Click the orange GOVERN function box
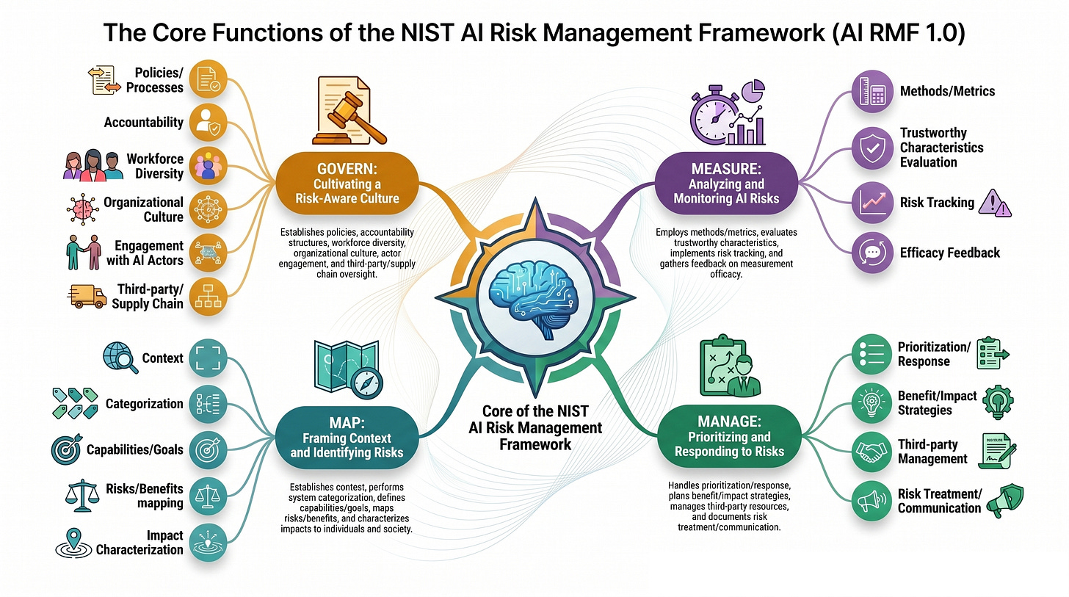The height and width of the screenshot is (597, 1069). click(347, 184)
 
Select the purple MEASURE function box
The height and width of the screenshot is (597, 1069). click(726, 184)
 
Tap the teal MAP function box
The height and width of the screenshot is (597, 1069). click(347, 438)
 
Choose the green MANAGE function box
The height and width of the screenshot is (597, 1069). click(729, 436)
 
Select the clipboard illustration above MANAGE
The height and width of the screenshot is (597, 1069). click(730, 366)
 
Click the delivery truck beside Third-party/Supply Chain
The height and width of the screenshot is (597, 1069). click(87, 297)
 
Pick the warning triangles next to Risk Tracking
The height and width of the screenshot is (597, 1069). click(995, 203)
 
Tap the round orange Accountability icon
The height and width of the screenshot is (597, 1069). click(208, 123)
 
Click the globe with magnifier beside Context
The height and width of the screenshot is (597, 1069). click(120, 358)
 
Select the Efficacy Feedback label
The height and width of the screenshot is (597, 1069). click(950, 253)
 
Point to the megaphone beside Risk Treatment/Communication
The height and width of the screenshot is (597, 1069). click(1004, 501)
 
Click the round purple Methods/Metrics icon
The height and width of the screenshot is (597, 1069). click(872, 91)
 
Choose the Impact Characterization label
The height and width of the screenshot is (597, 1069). click(139, 543)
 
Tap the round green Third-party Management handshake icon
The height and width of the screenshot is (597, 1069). click(871, 452)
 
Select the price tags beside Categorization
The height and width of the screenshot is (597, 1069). click(75, 403)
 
